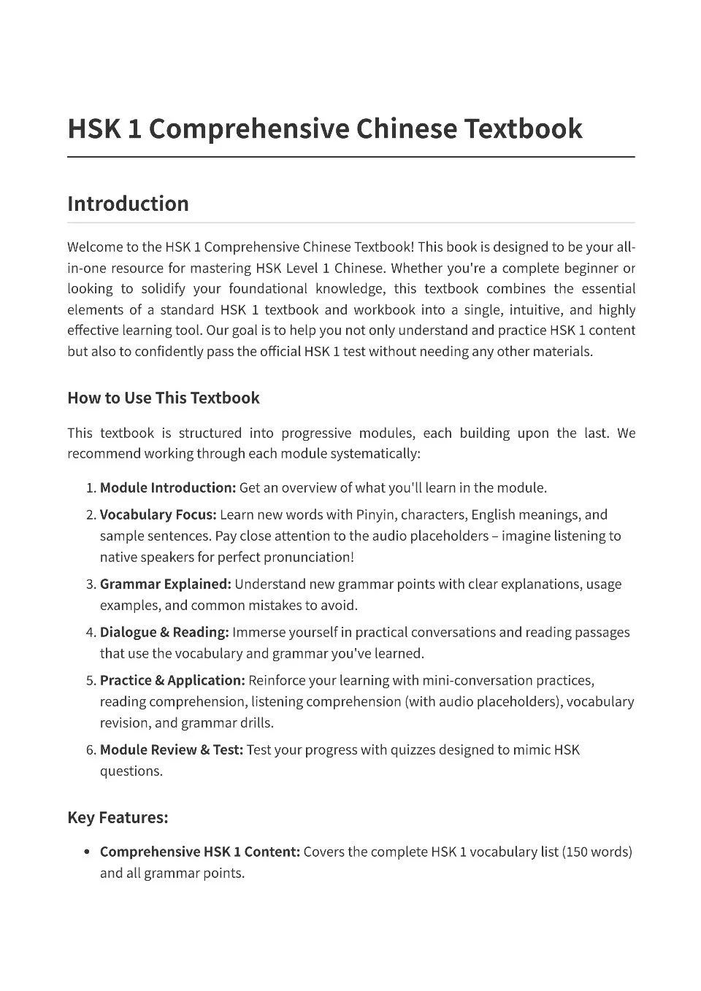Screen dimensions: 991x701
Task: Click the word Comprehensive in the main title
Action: pyautogui.click(x=248, y=129)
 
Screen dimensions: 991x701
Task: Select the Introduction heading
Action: pyautogui.click(x=128, y=204)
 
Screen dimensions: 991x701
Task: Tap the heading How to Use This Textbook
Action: pyautogui.click(x=163, y=398)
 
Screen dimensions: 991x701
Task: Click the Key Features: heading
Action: pyautogui.click(x=118, y=817)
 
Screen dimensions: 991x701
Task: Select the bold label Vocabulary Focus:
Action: pyautogui.click(x=158, y=514)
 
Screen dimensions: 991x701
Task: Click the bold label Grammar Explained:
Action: pyautogui.click(x=165, y=584)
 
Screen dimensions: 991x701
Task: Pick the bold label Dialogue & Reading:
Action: pyautogui.click(x=164, y=632)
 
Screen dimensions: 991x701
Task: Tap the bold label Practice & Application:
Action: pyautogui.click(x=172, y=680)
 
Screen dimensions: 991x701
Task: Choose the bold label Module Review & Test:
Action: pyautogui.click(x=171, y=749)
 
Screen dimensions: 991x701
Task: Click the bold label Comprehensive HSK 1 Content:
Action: pyautogui.click(x=199, y=852)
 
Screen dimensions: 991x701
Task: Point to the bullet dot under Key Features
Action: pyautogui.click(x=87, y=852)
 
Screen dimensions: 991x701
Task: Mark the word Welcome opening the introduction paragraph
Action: pyautogui.click(x=94, y=247)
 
